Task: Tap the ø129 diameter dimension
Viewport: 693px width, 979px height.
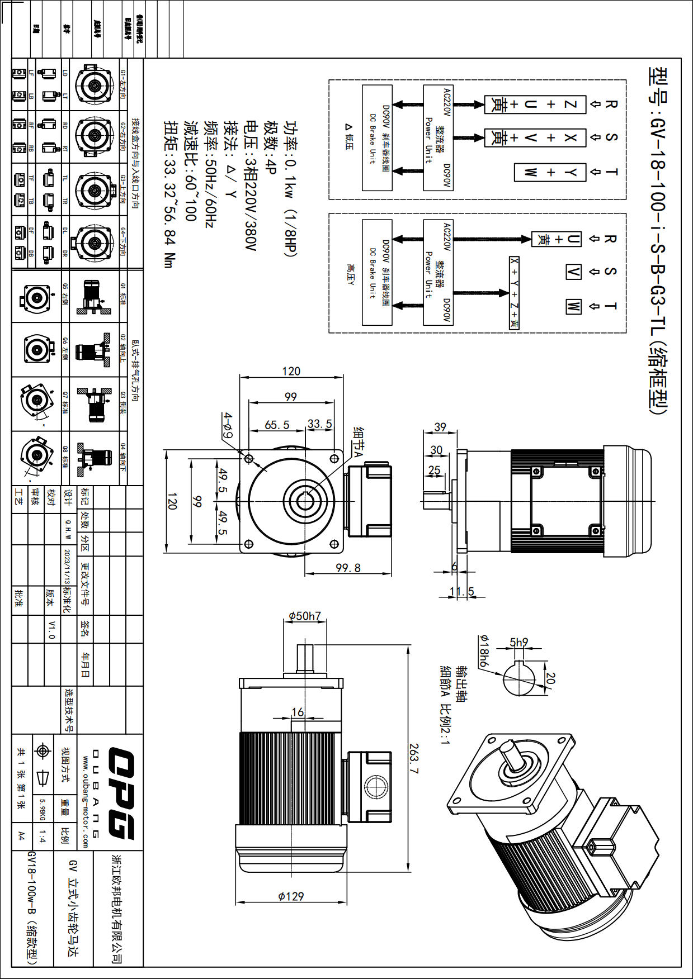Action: tap(291, 896)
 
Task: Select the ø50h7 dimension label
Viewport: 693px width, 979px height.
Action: tap(305, 616)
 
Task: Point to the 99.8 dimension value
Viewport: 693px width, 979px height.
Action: tap(348, 568)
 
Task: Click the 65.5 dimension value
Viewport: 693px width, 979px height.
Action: tap(277, 425)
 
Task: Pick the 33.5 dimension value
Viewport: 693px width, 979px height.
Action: tap(320, 424)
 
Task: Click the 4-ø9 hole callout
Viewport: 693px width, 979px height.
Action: tap(228, 425)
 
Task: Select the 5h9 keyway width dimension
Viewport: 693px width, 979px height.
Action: tap(518, 643)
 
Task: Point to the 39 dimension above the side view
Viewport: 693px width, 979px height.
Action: tap(440, 427)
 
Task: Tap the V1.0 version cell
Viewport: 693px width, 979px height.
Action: tap(51, 629)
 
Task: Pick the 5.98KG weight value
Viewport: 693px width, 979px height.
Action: tap(42, 809)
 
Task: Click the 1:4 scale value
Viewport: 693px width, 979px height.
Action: tap(42, 837)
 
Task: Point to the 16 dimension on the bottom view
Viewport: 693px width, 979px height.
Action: tap(298, 712)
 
